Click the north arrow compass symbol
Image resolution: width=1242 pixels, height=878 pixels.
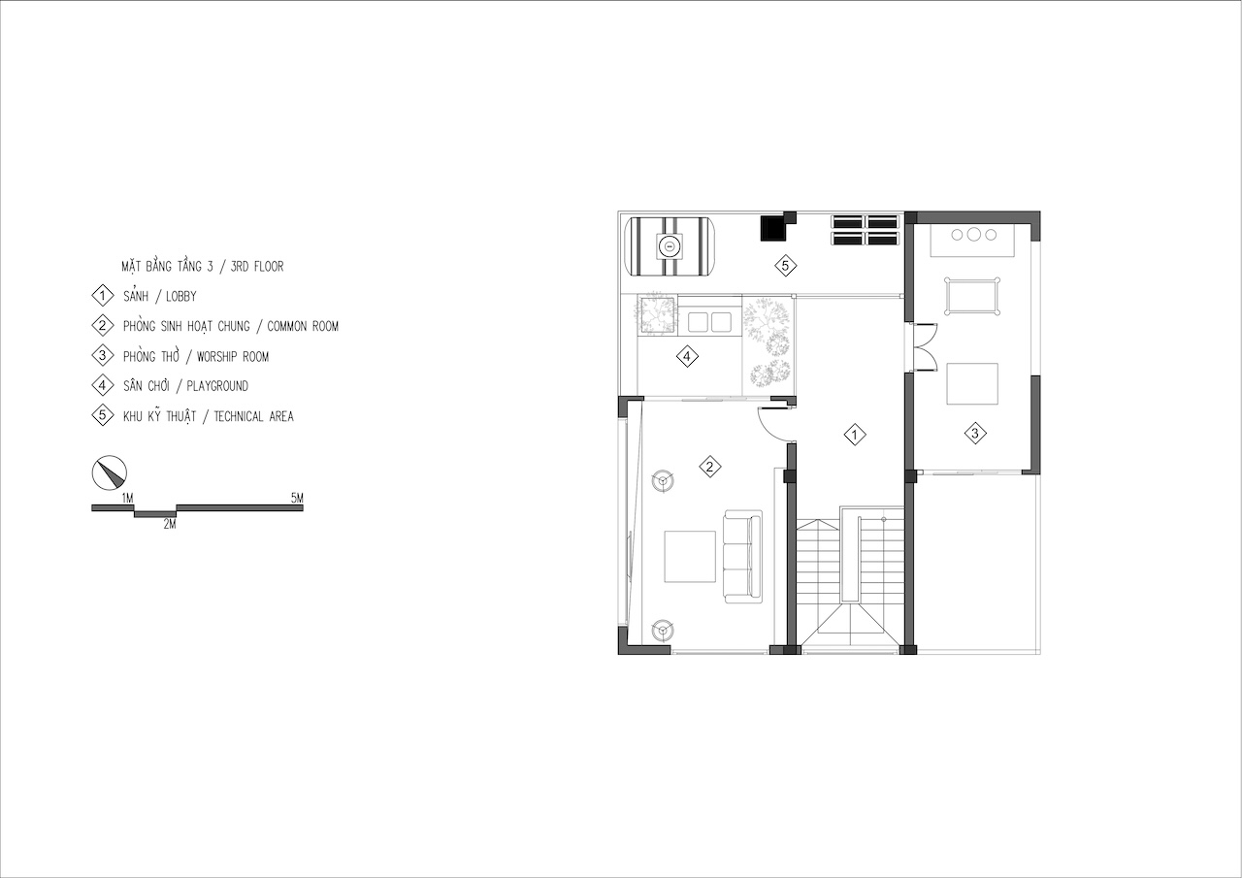point(110,472)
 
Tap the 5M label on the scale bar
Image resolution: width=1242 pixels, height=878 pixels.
point(297,498)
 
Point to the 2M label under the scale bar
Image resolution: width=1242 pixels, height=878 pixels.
point(170,524)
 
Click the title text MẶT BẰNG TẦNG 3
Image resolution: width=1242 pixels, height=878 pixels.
point(167,267)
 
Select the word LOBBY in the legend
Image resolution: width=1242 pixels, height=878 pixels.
point(181,297)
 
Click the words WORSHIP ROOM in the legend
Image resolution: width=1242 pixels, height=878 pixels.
point(233,356)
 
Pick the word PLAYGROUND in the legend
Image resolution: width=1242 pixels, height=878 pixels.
point(217,386)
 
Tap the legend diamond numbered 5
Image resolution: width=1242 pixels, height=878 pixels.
point(103,415)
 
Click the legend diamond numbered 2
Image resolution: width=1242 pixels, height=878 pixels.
point(103,325)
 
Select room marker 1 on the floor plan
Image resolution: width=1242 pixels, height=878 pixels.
point(855,436)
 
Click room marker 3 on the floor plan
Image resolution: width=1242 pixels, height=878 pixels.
point(975,433)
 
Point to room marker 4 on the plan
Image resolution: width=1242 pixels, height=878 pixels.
point(687,356)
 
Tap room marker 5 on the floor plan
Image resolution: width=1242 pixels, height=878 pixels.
point(785,266)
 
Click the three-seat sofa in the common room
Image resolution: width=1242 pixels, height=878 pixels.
point(742,556)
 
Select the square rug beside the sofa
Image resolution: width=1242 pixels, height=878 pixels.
point(690,557)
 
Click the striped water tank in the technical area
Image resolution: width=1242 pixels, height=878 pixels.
point(670,245)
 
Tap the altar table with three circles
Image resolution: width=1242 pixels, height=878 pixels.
point(972,240)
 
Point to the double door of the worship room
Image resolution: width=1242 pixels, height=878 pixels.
point(922,346)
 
